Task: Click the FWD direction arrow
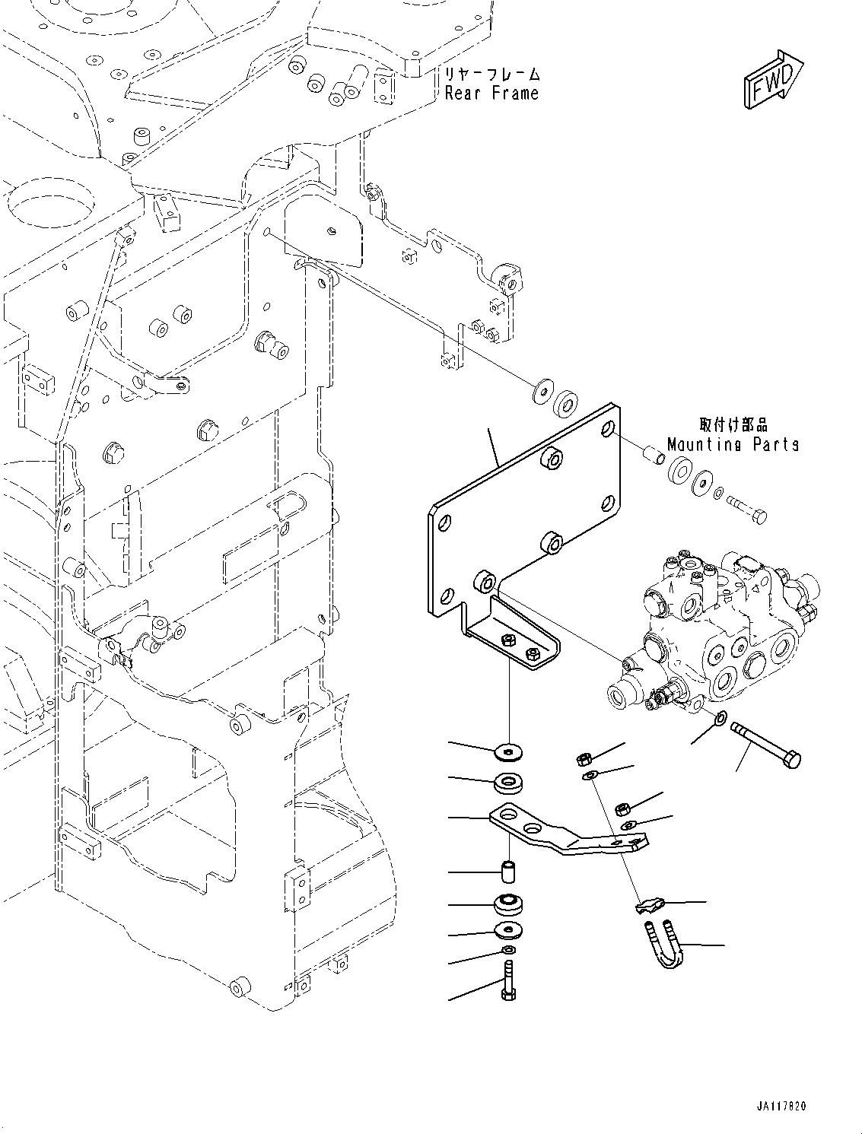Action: (x=770, y=79)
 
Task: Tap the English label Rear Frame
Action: (x=491, y=94)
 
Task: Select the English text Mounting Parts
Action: (x=733, y=444)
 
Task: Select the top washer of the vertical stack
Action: (x=508, y=752)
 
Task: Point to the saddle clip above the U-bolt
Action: (x=649, y=905)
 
